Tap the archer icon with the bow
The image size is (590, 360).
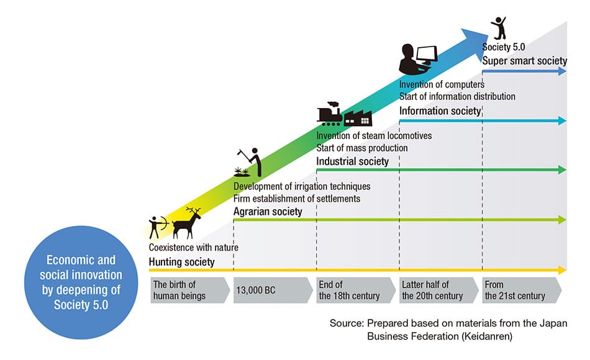coord(157,227)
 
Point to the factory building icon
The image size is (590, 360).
coord(358,117)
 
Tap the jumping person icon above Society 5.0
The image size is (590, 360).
coord(498,27)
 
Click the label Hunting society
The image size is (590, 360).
coord(181,262)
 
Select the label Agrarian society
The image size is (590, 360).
coord(268,212)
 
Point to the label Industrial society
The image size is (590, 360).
coord(352,161)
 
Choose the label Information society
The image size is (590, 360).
coord(440,111)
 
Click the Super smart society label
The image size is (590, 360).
coord(525,61)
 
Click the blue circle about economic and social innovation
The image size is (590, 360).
coord(81,282)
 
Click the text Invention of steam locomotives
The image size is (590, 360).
coord(374,136)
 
